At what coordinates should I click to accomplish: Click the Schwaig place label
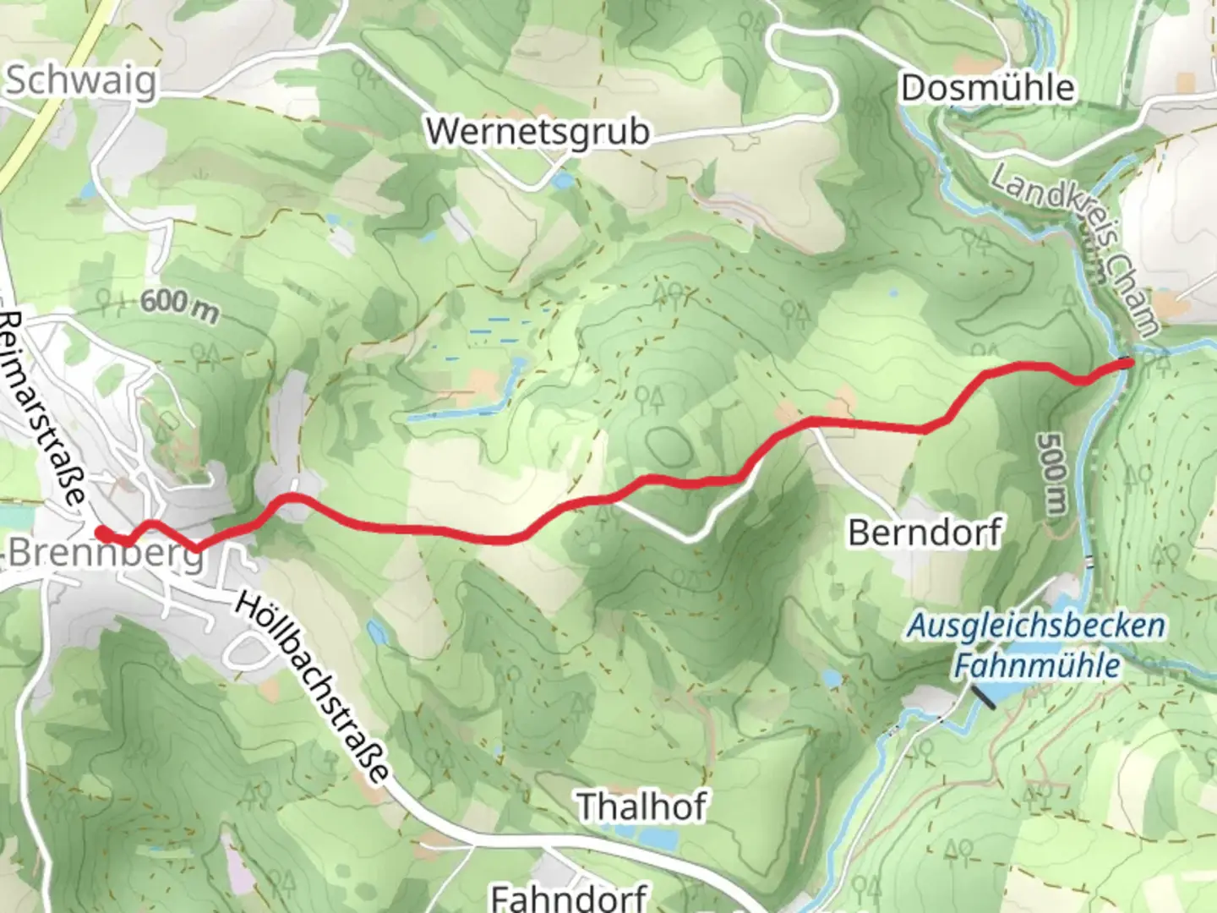click(81, 82)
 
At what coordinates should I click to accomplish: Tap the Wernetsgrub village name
click(538, 132)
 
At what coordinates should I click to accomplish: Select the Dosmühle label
click(987, 88)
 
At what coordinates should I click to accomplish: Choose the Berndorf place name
click(925, 533)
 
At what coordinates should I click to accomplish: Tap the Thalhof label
click(641, 806)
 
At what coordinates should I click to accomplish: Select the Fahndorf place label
click(569, 896)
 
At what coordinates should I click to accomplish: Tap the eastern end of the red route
click(1127, 363)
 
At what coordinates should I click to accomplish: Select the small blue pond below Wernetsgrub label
click(559, 180)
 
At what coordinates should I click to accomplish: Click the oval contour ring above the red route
click(665, 446)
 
